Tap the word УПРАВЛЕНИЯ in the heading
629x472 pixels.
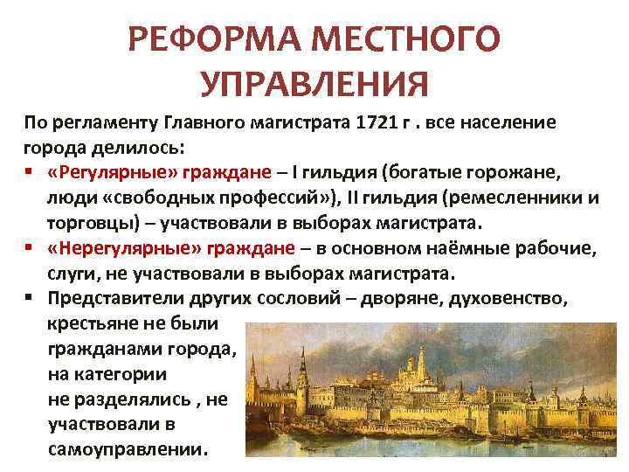tap(314, 86)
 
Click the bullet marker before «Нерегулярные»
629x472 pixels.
tap(30, 249)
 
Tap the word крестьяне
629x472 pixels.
tap(89, 323)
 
